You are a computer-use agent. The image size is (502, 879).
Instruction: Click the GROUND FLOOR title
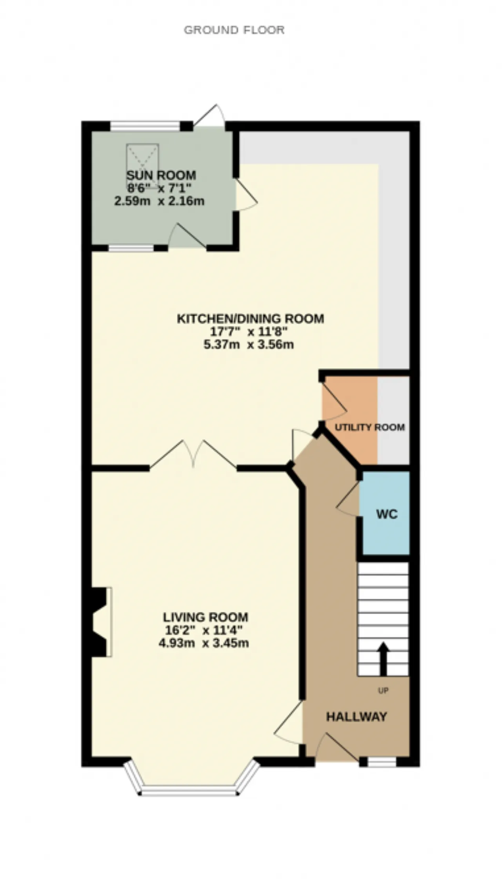pos(234,30)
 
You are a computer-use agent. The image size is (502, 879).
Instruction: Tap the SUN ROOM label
pos(161,175)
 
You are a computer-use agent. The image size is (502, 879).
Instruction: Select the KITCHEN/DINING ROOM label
pos(251,318)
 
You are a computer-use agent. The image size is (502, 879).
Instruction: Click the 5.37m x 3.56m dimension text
pos(249,345)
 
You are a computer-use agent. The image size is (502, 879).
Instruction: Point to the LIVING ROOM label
pos(206,617)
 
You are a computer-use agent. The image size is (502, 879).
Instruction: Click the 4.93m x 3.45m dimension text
pos(204,644)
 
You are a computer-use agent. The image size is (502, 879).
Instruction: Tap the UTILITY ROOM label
pos(370,427)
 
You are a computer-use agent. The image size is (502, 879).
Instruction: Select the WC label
pos(387,514)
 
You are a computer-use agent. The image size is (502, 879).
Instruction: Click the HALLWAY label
pos(356,717)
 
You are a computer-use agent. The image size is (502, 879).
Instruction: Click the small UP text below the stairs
pos(383,690)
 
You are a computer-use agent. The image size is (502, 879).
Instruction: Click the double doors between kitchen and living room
pos(193,454)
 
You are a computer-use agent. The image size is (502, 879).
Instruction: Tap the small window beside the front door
pos(382,762)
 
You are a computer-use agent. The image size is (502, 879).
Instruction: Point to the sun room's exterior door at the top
pos(209,115)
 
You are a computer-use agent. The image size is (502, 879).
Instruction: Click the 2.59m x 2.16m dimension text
pos(159,201)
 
